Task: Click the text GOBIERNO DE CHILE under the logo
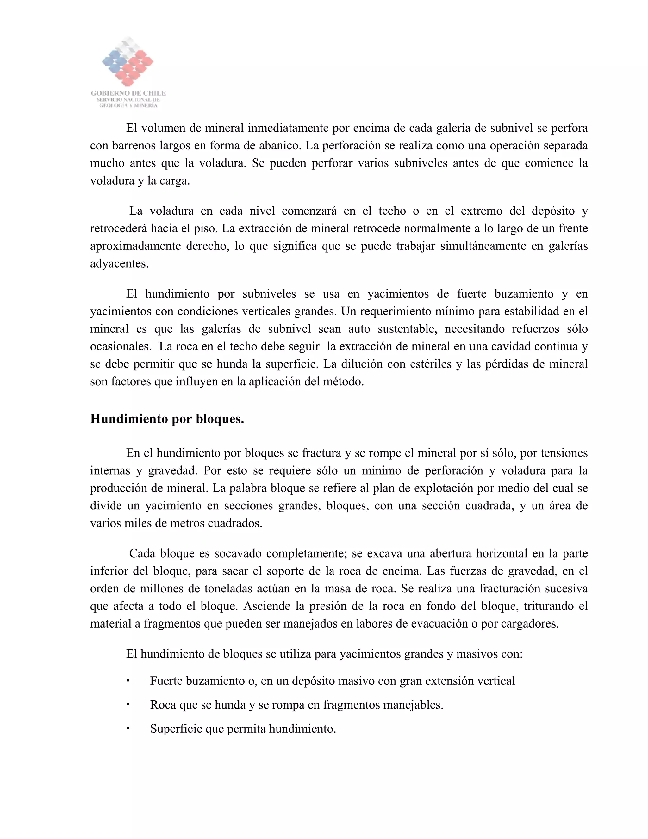[x=128, y=93]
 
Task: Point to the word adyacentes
[x=119, y=263]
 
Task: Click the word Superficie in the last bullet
[x=176, y=729]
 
